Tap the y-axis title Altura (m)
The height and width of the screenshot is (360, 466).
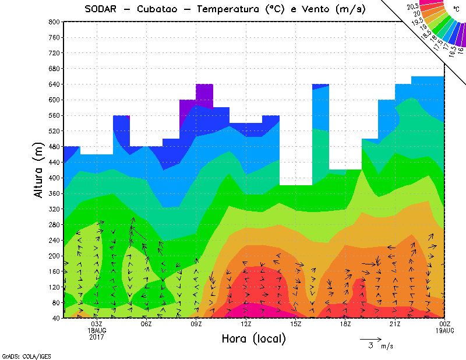click(38, 170)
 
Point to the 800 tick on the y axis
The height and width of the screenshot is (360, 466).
click(54, 22)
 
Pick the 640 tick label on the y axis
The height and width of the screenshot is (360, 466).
click(54, 84)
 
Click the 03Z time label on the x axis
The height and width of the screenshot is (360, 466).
click(97, 324)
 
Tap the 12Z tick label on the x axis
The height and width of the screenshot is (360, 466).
click(246, 324)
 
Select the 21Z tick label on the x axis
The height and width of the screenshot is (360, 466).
click(395, 324)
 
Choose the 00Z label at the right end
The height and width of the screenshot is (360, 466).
click(445, 324)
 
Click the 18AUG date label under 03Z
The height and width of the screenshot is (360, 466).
click(97, 330)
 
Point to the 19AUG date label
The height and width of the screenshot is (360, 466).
click(445, 330)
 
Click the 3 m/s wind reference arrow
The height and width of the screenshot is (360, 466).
click(370, 338)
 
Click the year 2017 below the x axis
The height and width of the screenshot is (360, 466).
click(97, 337)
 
